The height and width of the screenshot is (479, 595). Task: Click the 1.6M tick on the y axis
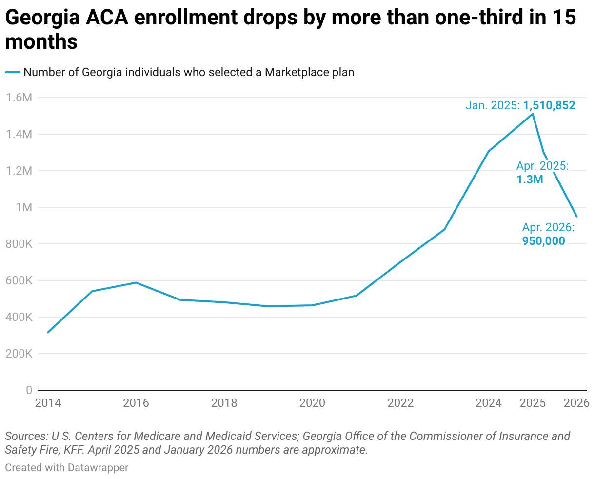[x=19, y=98]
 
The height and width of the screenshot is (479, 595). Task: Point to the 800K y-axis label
[x=19, y=244]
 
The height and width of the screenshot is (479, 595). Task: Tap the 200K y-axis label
[x=19, y=354]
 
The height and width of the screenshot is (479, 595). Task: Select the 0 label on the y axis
[x=29, y=390]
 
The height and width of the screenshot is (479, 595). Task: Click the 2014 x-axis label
[x=48, y=403]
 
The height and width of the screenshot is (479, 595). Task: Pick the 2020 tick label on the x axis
[x=312, y=403]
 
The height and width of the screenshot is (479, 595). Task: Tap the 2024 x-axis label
[x=488, y=403]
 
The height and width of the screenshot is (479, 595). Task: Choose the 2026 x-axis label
[x=576, y=403]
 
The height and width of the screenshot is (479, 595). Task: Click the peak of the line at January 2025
[x=533, y=114]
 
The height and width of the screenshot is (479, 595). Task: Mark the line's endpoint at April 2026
[x=576, y=217]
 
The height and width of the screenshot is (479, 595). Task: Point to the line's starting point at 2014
[x=48, y=332]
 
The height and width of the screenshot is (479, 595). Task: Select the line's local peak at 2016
[x=136, y=282]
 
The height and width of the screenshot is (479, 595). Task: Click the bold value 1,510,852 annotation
[x=549, y=105]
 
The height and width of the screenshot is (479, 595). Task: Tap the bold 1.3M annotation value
[x=530, y=180]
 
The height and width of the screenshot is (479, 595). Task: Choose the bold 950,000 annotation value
[x=543, y=240]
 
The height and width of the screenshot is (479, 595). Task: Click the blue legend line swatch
[x=12, y=72]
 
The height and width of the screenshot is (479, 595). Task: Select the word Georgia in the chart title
[x=43, y=18]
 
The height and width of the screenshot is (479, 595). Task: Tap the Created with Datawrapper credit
[x=67, y=467]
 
